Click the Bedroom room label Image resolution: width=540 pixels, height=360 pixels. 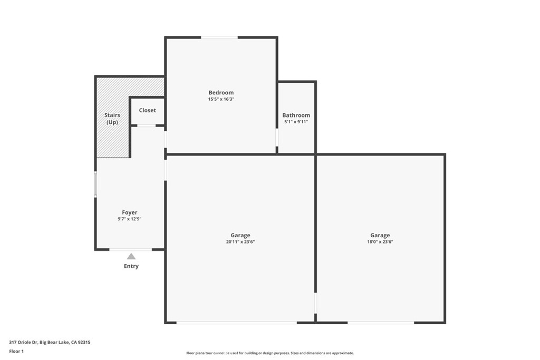[x=221, y=93]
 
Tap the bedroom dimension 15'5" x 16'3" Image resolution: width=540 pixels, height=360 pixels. [x=221, y=99]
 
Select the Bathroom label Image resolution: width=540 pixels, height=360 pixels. [x=296, y=115]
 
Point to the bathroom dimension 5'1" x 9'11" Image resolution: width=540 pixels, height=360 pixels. [x=296, y=122]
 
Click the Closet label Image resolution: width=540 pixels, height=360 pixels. [x=147, y=111]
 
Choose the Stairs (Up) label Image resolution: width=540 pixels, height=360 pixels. [x=112, y=119]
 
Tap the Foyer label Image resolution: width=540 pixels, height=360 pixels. [x=129, y=212]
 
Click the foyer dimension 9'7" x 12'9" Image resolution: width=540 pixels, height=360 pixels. [x=129, y=219]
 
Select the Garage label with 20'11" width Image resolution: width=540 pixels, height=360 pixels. [x=240, y=236]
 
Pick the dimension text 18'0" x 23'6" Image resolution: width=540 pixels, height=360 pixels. [x=380, y=242]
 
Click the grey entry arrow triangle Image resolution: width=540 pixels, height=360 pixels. [x=131, y=257]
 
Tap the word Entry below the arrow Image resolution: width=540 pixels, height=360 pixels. [x=131, y=266]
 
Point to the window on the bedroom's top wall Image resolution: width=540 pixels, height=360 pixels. [x=219, y=37]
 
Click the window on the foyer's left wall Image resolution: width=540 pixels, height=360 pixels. [x=95, y=184]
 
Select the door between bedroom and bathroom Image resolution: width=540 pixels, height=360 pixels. [x=277, y=138]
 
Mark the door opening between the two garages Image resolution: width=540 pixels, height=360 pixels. [x=315, y=304]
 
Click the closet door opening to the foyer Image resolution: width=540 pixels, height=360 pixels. [x=147, y=125]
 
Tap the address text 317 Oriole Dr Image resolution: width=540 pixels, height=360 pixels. [x=50, y=342]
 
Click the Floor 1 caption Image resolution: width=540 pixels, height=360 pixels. [x=16, y=351]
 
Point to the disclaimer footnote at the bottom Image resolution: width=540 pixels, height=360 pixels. [x=269, y=353]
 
